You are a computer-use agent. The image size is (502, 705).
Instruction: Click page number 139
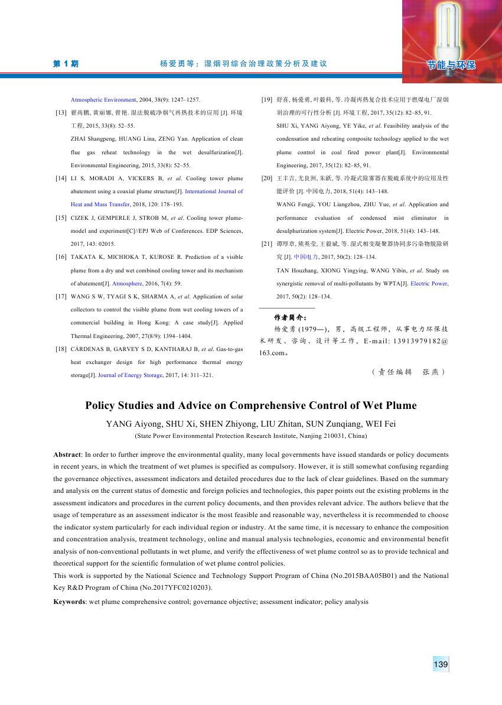(441, 665)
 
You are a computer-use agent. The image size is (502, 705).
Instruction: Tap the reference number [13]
(60, 112)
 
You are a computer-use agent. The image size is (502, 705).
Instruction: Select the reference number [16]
(60, 257)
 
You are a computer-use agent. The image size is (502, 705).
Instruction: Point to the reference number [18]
(60, 349)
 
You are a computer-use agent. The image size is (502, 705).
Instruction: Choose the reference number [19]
(266, 99)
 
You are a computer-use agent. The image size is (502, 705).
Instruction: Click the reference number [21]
(266, 243)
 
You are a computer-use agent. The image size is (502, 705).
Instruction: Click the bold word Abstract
(67, 455)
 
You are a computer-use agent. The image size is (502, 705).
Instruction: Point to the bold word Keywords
(70, 602)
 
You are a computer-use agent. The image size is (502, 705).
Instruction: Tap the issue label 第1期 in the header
(66, 64)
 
